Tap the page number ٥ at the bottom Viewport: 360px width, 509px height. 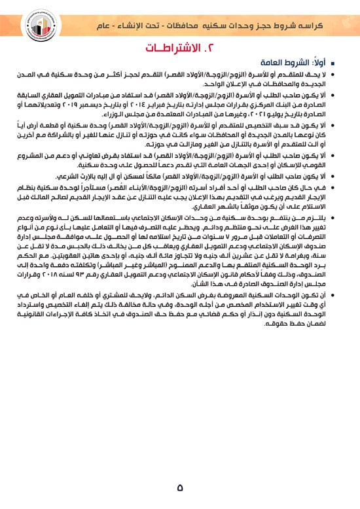point(180,487)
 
